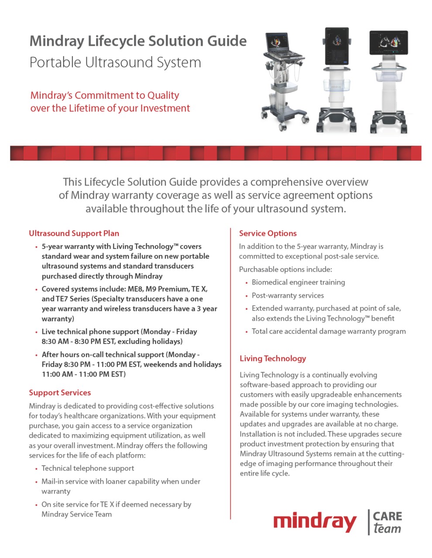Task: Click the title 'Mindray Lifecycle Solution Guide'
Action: [x=138, y=41]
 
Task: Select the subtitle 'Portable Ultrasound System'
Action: [x=115, y=62]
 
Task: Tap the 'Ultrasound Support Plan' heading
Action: [x=74, y=233]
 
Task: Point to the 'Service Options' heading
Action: [x=267, y=233]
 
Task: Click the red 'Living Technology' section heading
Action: [x=273, y=358]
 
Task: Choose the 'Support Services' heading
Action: [x=60, y=392]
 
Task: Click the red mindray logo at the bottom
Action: [x=315, y=522]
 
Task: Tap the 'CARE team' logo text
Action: [x=387, y=522]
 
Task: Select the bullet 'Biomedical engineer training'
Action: [x=298, y=282]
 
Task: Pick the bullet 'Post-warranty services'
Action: [x=288, y=295]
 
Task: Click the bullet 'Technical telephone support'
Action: [x=88, y=468]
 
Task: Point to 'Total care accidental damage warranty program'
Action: [x=329, y=331]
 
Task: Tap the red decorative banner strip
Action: [x=216, y=153]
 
